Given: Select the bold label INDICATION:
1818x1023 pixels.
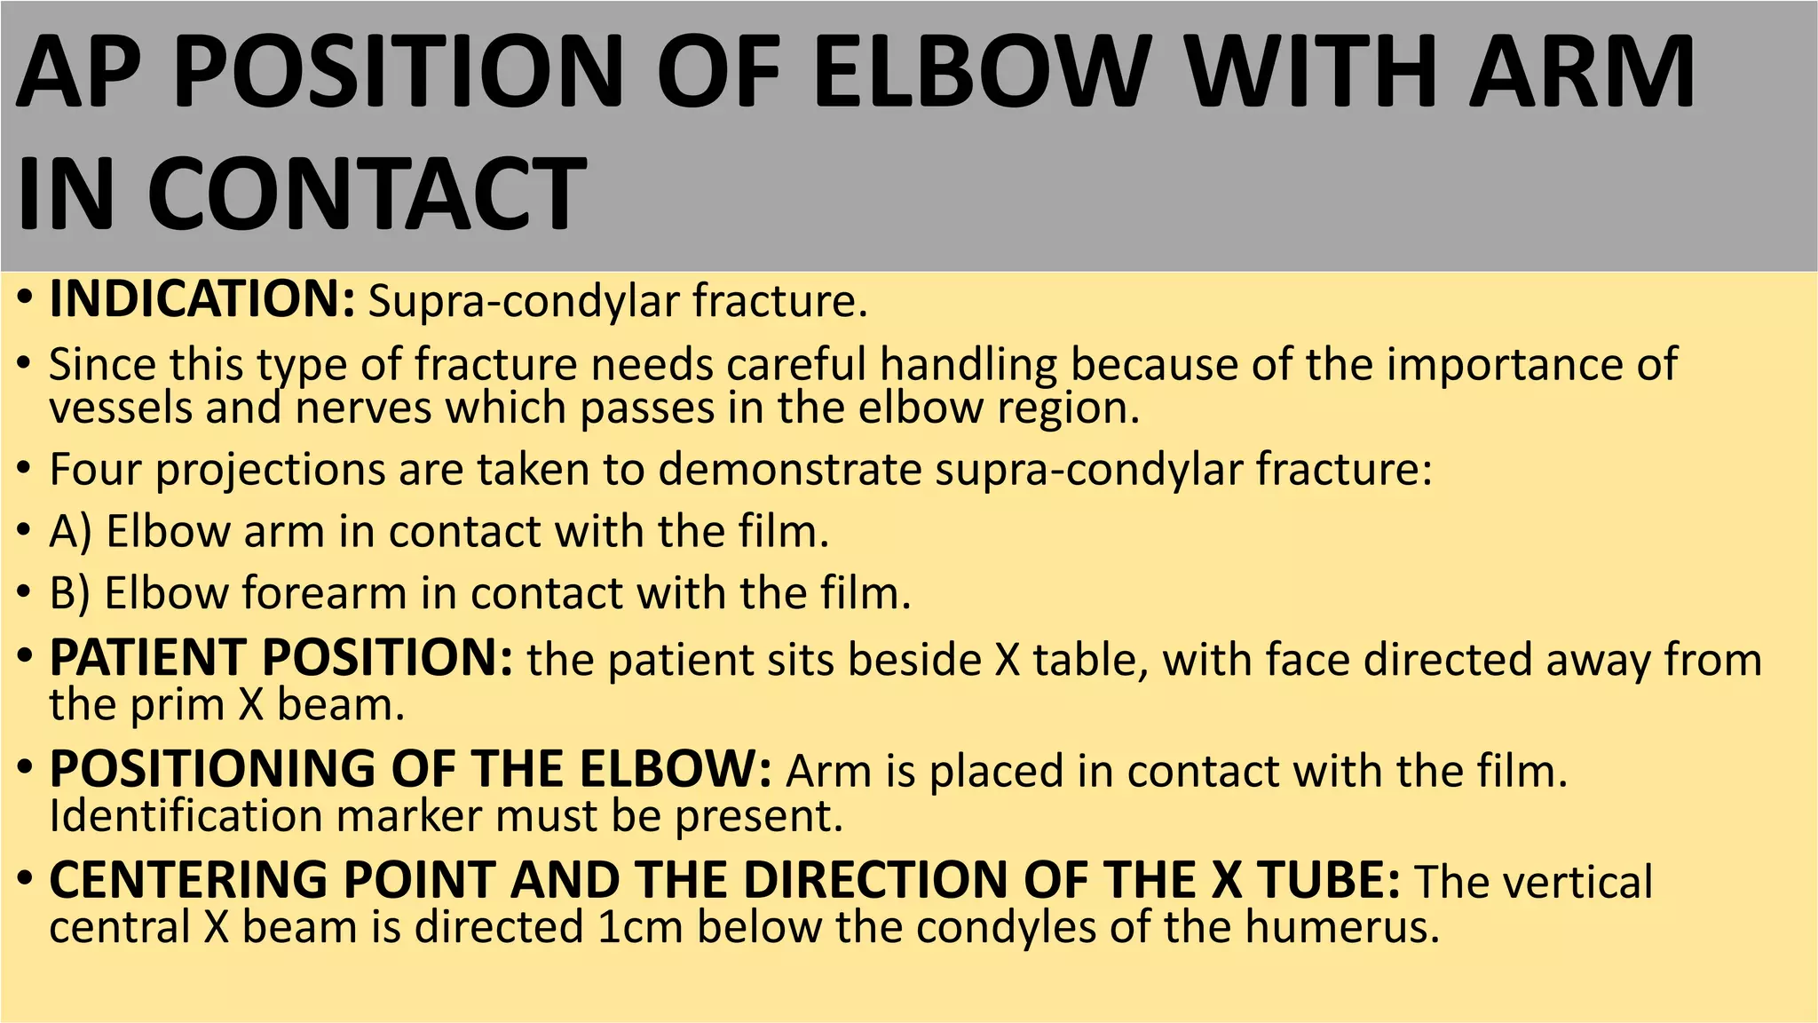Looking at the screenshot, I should (202, 299).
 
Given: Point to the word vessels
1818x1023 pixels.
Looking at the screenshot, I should (121, 408).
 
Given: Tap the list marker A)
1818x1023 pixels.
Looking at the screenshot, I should (71, 531).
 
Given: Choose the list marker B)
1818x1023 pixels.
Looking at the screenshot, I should (70, 592).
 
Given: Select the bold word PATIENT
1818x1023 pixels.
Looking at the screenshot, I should (147, 658).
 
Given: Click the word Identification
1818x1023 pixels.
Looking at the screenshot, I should (186, 815).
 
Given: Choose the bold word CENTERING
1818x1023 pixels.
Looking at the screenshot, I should (189, 880).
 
